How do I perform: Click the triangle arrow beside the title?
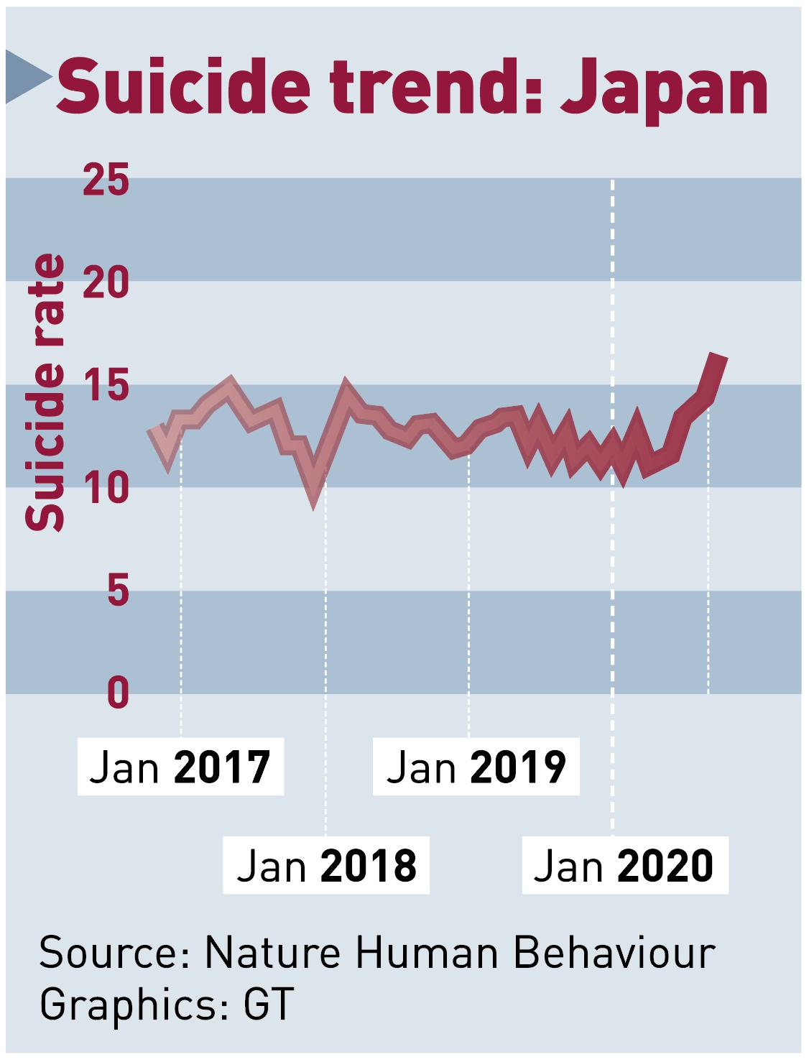(x=27, y=76)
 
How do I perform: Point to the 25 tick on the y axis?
(x=106, y=180)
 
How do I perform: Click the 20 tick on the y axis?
(x=106, y=282)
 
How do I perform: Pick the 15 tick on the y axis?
(x=106, y=385)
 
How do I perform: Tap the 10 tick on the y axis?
(x=106, y=488)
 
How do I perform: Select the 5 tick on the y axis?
(x=118, y=591)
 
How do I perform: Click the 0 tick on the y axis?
(x=118, y=693)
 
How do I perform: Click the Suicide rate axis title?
(x=45, y=392)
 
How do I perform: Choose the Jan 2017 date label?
(x=180, y=767)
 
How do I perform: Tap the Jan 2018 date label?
(x=326, y=865)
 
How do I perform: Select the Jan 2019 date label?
(x=476, y=767)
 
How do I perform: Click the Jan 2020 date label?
(x=624, y=865)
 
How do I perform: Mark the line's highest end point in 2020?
(x=719, y=356)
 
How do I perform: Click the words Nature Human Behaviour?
(x=460, y=953)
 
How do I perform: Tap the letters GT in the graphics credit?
(x=269, y=1004)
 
